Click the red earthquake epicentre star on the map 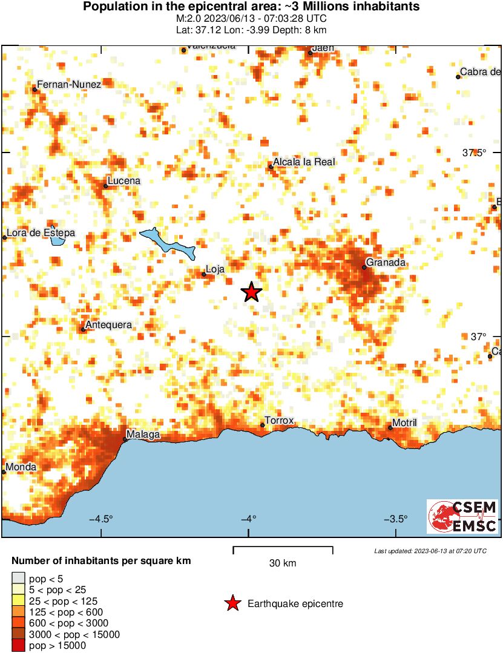pos(251,292)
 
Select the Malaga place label pos(143,435)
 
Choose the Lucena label pos(123,181)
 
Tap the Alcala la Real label pos(304,162)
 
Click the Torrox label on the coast pos(279,421)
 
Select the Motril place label pos(405,422)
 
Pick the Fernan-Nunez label pos(69,84)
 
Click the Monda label pos(21,467)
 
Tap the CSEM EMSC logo pos(463,516)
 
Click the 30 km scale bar pos(283,550)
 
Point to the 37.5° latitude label pos(475,153)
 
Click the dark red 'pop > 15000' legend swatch pos(19,646)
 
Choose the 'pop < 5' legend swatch pos(19,579)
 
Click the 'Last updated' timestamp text pos(430,551)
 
